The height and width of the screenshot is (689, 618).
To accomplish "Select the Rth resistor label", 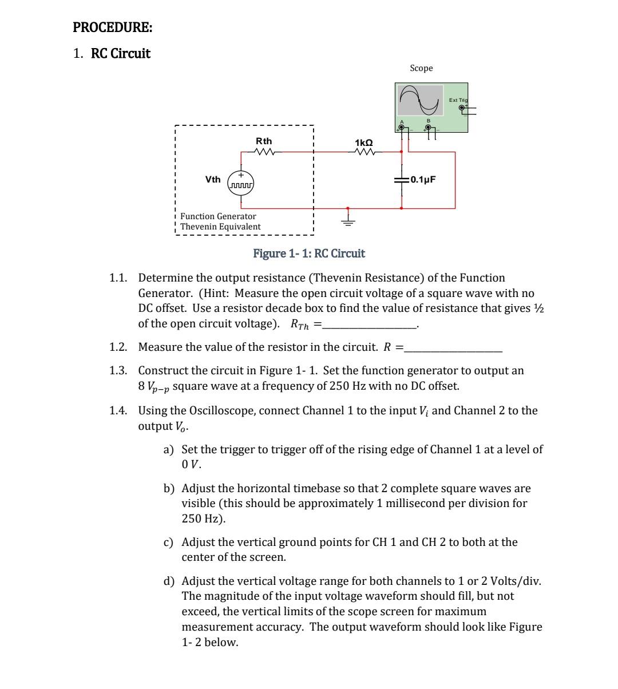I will point(264,141).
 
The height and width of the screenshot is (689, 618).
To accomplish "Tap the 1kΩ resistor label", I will point(364,142).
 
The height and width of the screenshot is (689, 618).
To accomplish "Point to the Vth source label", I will point(212,180).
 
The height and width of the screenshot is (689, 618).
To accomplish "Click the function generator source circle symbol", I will point(241,182).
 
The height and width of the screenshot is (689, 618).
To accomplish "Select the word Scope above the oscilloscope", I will point(421,68).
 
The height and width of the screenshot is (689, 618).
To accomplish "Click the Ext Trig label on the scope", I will point(458,100).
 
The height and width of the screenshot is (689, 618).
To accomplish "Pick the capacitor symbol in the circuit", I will point(401,180).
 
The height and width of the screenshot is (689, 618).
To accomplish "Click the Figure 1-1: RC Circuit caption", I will point(309,254).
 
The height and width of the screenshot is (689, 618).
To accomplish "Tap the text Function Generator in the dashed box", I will point(218,216).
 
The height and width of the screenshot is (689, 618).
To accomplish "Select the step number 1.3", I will point(118,370).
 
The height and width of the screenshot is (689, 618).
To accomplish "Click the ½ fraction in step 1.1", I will point(538,308).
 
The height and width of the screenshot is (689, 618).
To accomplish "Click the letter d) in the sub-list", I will point(169,581).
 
